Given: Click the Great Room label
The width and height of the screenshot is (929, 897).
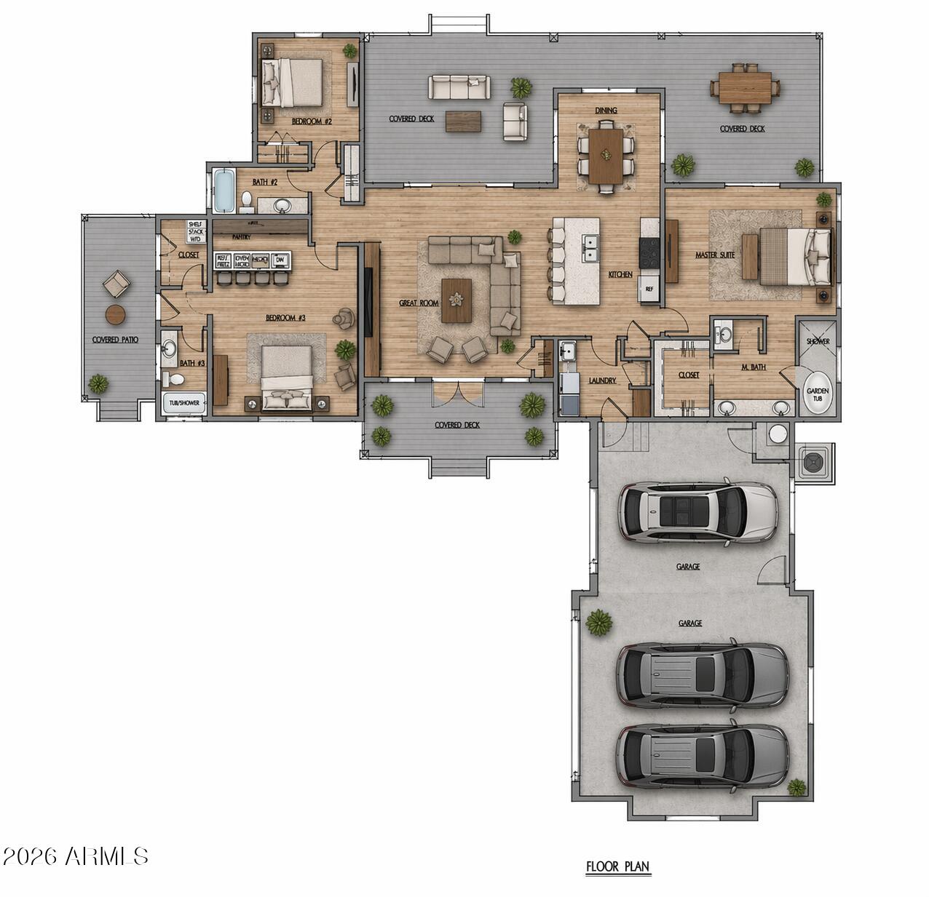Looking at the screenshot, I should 419,303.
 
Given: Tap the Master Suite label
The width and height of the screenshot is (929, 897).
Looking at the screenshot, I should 714,255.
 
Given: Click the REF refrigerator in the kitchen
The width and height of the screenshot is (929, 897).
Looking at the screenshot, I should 649,289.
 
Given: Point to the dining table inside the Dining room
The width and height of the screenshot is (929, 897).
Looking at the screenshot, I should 606,155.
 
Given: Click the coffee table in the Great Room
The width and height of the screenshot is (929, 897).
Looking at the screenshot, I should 456,300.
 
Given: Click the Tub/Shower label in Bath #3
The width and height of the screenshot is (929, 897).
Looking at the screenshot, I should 183,402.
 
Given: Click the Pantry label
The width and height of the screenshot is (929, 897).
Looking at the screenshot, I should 241,236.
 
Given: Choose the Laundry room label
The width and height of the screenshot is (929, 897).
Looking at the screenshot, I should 603,380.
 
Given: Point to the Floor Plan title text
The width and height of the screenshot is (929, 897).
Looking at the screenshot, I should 618,866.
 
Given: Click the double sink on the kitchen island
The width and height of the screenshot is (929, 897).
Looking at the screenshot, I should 589,248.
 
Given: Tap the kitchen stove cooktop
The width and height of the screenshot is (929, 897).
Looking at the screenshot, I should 649,254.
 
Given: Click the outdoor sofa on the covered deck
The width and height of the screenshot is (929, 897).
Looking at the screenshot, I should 459,87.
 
